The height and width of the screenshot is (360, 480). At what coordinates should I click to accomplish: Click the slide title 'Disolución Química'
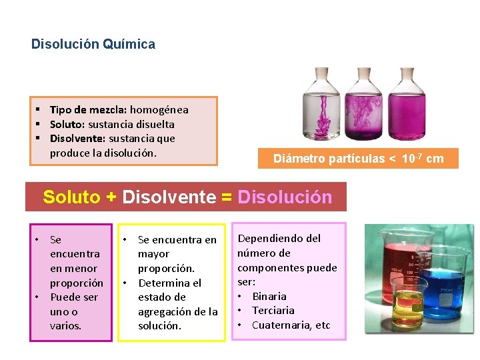[93, 45]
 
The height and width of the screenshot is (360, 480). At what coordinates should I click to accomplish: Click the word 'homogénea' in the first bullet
[159, 109]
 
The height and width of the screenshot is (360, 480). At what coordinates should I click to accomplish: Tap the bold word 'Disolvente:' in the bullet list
[77, 139]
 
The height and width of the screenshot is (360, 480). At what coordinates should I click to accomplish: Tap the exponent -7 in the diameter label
[418, 155]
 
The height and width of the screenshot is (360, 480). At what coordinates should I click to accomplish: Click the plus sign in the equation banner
[111, 197]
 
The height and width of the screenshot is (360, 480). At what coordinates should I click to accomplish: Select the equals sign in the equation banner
[227, 197]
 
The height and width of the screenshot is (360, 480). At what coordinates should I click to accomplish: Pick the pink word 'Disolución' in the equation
[285, 197]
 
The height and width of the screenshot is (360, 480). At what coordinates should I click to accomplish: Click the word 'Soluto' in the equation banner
[72, 197]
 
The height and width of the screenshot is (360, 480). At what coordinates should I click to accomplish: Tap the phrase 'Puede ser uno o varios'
[74, 311]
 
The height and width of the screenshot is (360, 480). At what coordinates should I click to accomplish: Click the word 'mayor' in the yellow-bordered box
[153, 254]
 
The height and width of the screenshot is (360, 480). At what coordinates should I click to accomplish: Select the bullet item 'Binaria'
[269, 296]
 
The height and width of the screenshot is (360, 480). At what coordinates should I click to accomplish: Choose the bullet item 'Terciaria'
[273, 311]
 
